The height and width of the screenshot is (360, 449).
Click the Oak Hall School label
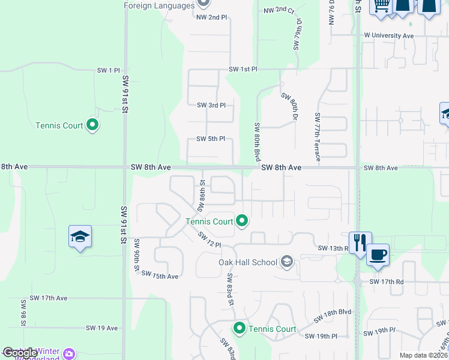[248, 262]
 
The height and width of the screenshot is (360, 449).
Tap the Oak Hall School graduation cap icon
[287, 262]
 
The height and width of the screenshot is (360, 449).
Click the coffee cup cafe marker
[378, 254]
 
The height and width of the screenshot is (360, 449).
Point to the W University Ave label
[389, 35]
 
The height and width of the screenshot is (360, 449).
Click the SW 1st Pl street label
[243, 70]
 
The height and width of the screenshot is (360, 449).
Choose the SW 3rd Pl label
[211, 105]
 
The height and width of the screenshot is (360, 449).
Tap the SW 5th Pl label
[211, 139]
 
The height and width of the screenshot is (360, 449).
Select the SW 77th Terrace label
[317, 137]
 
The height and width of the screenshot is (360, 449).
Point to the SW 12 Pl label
[210, 239]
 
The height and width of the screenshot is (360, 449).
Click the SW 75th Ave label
[160, 276]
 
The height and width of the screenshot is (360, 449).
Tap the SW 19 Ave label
[102, 328]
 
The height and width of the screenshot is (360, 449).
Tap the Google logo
[20, 353]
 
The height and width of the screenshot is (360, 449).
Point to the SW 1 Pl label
[108, 71]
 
